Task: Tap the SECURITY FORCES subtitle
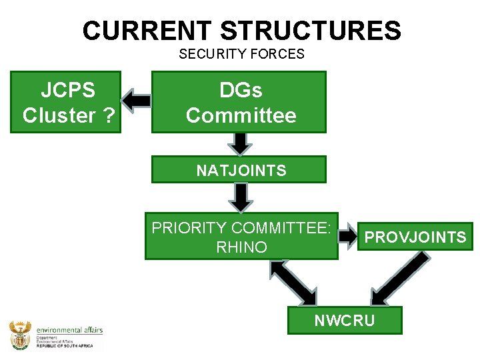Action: click(241, 54)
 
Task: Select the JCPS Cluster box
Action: click(65, 102)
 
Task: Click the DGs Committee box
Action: click(239, 102)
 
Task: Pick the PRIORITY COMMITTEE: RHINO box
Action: click(241, 237)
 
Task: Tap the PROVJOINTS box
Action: click(415, 237)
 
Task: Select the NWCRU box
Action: click(345, 320)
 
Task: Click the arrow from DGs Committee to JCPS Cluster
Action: click(137, 101)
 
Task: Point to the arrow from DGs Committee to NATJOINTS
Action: click(240, 143)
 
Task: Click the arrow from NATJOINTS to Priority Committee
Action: click(240, 197)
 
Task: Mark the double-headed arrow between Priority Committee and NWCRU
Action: click(293, 282)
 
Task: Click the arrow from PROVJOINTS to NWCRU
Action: click(399, 279)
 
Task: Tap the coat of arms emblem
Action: click(20, 334)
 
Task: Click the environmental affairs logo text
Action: click(70, 330)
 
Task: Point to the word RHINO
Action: click(241, 247)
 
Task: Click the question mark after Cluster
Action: click(108, 115)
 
